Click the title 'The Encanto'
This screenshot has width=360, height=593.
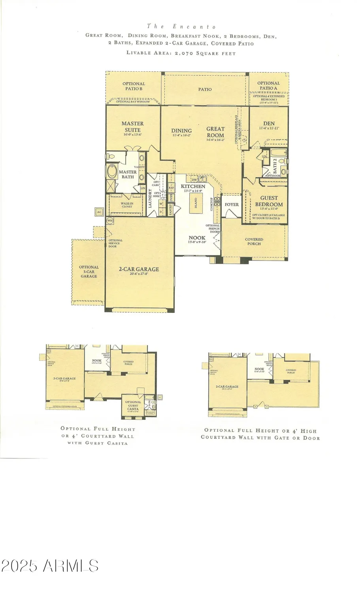click(x=181, y=26)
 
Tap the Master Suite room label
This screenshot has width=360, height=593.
click(x=132, y=127)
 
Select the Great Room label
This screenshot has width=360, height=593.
click(x=215, y=132)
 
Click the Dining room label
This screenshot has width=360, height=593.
click(x=181, y=131)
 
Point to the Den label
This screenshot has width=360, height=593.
click(x=269, y=123)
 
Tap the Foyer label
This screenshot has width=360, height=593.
click(x=232, y=205)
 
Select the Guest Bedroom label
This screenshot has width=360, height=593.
click(x=269, y=201)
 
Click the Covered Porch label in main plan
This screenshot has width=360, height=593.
click(x=254, y=242)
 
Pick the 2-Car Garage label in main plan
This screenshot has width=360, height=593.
click(x=139, y=269)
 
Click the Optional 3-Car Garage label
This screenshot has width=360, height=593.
click(x=89, y=272)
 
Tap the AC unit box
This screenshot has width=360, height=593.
click(x=99, y=212)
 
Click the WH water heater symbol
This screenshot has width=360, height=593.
click(x=110, y=220)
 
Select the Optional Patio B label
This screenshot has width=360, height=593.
click(x=134, y=86)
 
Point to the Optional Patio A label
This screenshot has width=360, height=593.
click(x=268, y=85)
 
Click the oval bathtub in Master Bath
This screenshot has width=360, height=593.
click(x=111, y=172)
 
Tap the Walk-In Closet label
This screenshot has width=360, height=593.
click(x=127, y=205)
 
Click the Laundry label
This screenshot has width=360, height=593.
click(x=150, y=198)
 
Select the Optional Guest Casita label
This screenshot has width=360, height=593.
click(x=133, y=405)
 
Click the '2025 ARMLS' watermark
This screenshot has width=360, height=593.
click(x=49, y=566)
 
